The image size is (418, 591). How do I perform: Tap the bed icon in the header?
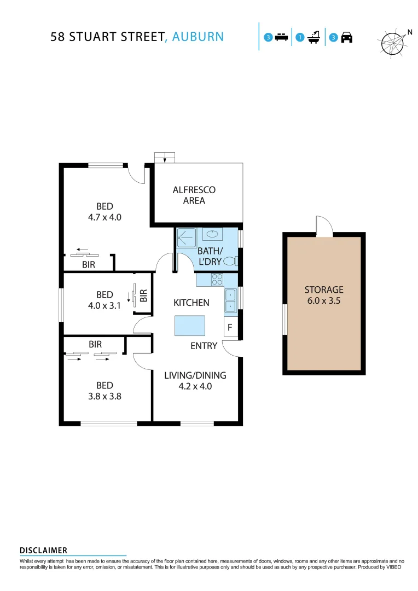coord(281,38)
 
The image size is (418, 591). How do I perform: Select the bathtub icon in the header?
coord(314,38)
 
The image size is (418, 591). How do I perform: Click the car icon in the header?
coord(346,38)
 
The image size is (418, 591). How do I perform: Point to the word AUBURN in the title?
coord(198,37)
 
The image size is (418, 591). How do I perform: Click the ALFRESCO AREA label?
coord(194,195)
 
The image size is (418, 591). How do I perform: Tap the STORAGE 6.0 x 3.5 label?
coord(324,295)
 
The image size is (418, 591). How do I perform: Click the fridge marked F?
coord(230,328)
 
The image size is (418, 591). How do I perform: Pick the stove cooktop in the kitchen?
coord(217,280)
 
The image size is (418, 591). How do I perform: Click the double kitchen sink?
coord(230,300)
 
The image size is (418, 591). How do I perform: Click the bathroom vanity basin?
coord(212,235)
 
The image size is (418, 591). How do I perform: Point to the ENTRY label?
coord(204,346)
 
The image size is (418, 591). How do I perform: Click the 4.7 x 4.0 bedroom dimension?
coord(104,217)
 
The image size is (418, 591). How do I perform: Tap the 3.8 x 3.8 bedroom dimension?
coord(104,396)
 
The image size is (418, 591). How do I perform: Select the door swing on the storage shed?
coord(324,225)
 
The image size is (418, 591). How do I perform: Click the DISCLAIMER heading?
coord(43,551)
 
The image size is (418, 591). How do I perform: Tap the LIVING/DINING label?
coord(195,375)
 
